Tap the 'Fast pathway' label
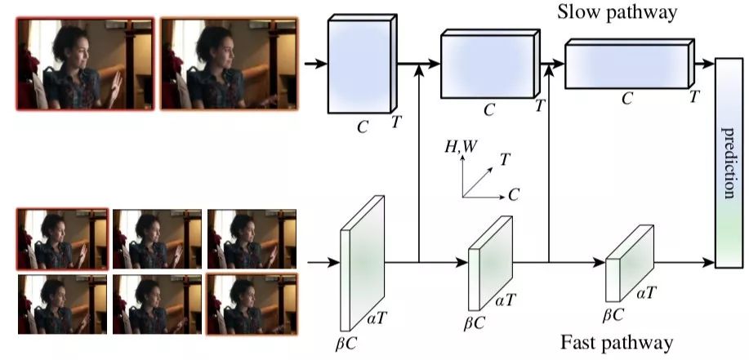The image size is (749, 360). pyautogui.click(x=617, y=341)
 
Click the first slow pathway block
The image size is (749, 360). pyautogui.click(x=359, y=66)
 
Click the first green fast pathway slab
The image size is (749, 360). pyautogui.click(x=360, y=252)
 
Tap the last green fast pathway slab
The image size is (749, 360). pyautogui.click(x=629, y=264)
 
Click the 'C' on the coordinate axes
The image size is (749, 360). pyautogui.click(x=514, y=196)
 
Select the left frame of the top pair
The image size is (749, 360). pyautogui.click(x=85, y=63)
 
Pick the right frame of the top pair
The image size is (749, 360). pyautogui.click(x=230, y=63)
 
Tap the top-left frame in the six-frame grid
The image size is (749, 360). pyautogui.click(x=62, y=238)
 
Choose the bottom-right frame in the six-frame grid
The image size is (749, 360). pyautogui.click(x=252, y=304)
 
